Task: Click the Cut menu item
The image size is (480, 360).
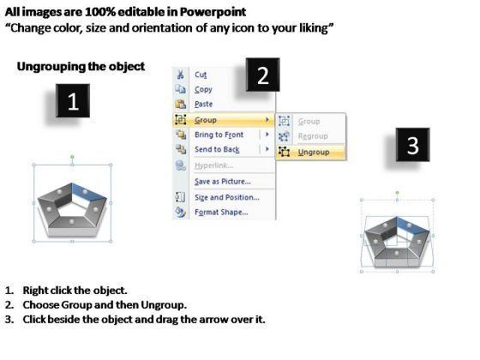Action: click(201, 75)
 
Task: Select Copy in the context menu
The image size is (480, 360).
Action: click(203, 89)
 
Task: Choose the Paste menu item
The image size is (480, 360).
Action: click(204, 104)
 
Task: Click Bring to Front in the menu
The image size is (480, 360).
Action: click(219, 135)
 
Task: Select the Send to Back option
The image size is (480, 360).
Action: click(217, 149)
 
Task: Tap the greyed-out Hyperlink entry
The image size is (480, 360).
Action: click(213, 165)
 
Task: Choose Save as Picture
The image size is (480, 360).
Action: click(223, 182)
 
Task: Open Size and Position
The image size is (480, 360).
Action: click(227, 197)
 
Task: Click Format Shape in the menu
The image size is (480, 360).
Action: click(221, 213)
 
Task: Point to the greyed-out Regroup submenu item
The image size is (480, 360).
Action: click(313, 136)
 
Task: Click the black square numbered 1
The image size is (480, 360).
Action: click(73, 101)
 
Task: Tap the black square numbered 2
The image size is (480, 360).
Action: click(262, 75)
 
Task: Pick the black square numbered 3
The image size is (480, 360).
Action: click(412, 145)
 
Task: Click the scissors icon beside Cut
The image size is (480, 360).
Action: click(181, 75)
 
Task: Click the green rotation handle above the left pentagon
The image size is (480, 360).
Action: click(72, 157)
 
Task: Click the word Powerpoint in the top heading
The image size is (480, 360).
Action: click(213, 12)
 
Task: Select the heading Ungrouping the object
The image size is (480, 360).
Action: click(81, 67)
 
